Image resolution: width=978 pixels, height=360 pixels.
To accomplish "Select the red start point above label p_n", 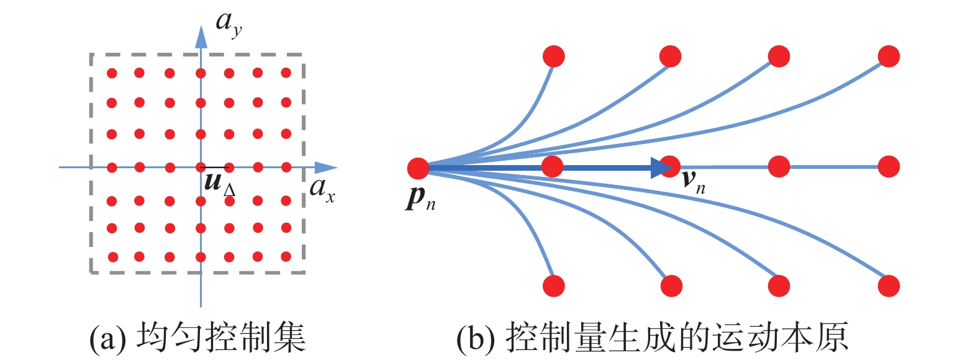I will point(419,168).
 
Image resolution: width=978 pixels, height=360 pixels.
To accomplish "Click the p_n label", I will point(421,197).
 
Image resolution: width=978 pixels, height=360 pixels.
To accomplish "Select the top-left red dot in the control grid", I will point(112,73).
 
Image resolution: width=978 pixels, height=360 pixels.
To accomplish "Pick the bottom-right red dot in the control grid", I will point(286,256).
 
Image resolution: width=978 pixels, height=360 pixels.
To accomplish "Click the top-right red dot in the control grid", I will point(286,73).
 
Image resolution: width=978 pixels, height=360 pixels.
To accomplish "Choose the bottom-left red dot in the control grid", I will point(112,256).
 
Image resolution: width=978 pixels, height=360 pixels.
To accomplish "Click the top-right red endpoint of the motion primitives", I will point(889,56).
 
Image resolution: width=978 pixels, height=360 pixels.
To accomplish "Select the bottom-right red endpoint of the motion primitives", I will point(889,286).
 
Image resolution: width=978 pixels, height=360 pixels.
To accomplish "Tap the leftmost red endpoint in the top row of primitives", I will point(554,56).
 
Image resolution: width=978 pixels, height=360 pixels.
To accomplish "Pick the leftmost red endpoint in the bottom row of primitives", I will point(554,286).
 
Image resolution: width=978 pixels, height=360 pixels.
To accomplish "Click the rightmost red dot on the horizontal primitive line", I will point(889,166).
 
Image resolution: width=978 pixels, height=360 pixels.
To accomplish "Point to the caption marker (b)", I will point(474,338).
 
